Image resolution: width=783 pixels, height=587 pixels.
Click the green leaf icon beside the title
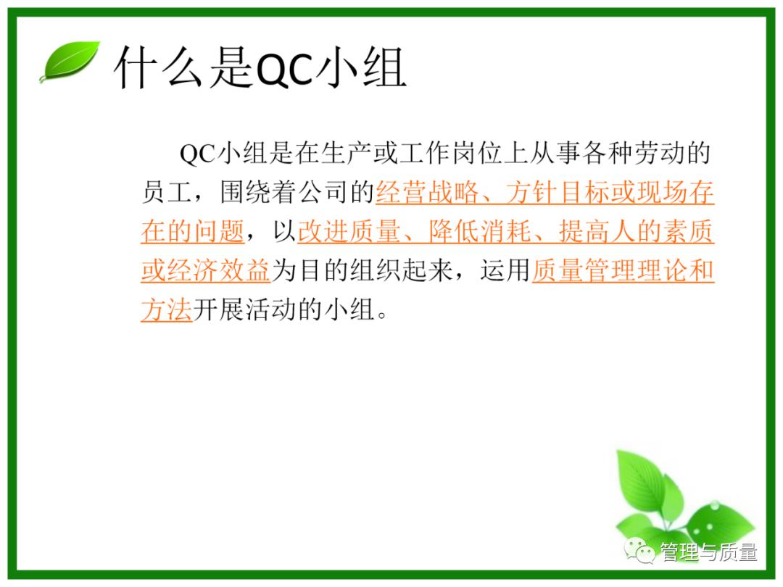coord(70,61)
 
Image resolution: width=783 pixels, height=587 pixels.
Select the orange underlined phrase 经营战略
coord(428,193)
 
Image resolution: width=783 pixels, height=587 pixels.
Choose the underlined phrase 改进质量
coord(349,233)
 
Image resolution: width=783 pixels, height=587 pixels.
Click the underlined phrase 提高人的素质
coord(636,233)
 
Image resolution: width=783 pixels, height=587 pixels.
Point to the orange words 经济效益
coord(218,272)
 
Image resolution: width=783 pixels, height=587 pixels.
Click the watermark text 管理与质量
coord(708,553)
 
